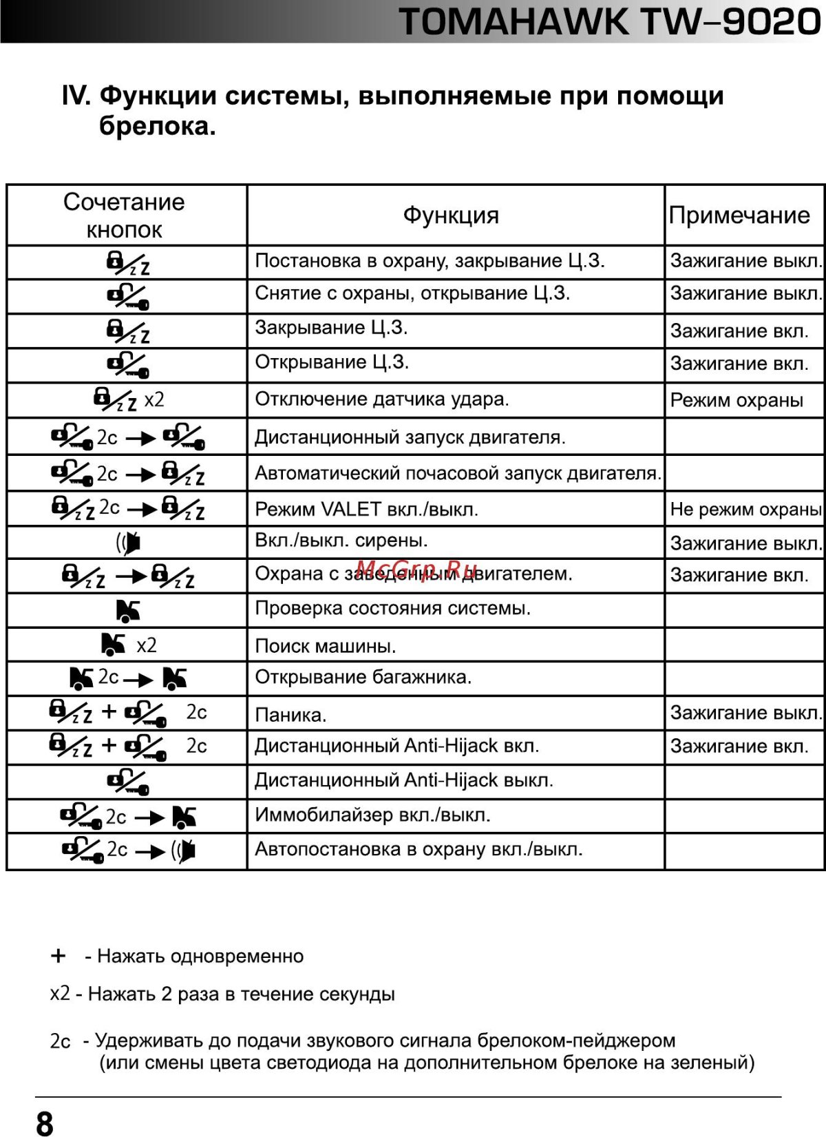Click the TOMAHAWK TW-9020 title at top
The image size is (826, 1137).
[x=610, y=22]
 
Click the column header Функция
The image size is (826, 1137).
[x=451, y=215]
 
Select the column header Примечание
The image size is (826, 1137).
[x=739, y=215]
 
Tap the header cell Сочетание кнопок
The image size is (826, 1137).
[x=125, y=215]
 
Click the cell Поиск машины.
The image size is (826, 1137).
[x=326, y=646]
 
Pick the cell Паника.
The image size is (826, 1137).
[x=291, y=715]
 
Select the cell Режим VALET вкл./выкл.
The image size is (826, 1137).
[x=366, y=509]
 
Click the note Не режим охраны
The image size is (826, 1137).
[x=745, y=509]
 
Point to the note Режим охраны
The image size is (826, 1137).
[x=737, y=400]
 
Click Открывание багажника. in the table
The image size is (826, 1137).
[x=363, y=677]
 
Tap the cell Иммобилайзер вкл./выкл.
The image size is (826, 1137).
[x=372, y=815]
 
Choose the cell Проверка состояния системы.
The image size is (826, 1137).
[x=392, y=608]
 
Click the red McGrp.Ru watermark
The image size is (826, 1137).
[x=418, y=570]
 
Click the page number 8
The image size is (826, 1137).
[x=44, y=1123]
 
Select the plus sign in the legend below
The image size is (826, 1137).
[x=59, y=956]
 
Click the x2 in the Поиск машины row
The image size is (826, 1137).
[x=147, y=645]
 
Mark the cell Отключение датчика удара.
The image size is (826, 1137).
[x=382, y=399]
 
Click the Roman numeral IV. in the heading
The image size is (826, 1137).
[x=76, y=96]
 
